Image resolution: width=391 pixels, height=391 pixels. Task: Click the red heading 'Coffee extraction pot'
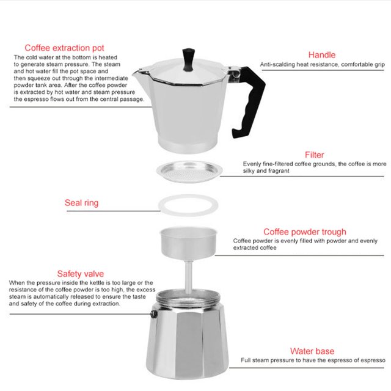(x=64, y=48)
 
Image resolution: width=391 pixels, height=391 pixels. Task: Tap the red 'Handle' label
(x=322, y=55)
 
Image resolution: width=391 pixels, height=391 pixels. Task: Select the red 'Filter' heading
(x=314, y=155)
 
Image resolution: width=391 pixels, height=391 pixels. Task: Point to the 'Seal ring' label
(x=81, y=203)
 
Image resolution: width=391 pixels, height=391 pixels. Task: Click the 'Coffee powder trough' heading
(x=305, y=232)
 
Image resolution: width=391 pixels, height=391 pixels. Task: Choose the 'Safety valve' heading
(x=80, y=274)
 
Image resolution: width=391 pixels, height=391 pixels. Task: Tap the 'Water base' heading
(x=312, y=351)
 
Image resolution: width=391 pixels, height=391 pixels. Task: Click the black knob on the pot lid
(x=188, y=59)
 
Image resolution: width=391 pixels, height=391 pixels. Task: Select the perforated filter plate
(x=189, y=172)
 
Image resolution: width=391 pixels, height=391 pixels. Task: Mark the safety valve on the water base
(x=154, y=314)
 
